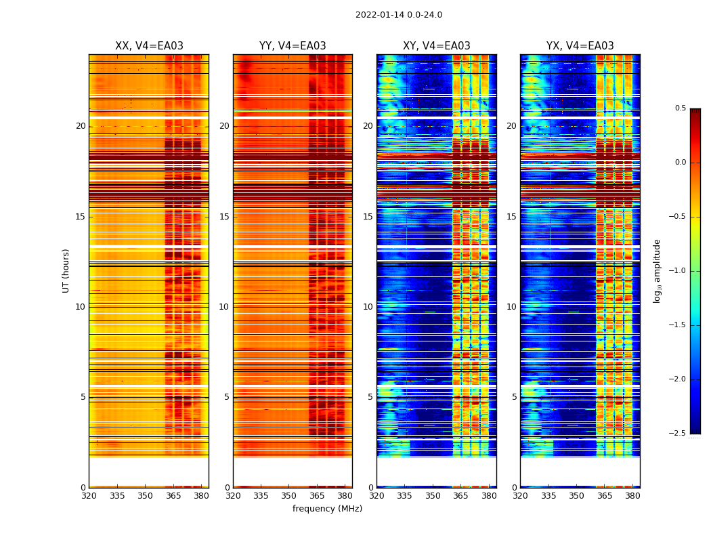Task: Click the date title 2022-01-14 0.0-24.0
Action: [x=399, y=15]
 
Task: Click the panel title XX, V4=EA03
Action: [x=149, y=46]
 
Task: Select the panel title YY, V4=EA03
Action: [x=293, y=46]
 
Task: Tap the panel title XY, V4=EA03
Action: [x=437, y=46]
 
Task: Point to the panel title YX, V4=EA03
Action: [x=580, y=46]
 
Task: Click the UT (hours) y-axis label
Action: [x=66, y=270]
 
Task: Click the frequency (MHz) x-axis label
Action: [x=327, y=509]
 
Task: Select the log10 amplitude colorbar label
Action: [x=657, y=270]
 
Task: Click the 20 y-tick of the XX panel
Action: [x=81, y=126]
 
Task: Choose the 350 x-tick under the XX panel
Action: [x=145, y=496]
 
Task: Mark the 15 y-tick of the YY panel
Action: [x=224, y=217]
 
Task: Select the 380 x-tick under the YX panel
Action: [x=632, y=496]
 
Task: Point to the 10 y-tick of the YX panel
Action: [x=511, y=307]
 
